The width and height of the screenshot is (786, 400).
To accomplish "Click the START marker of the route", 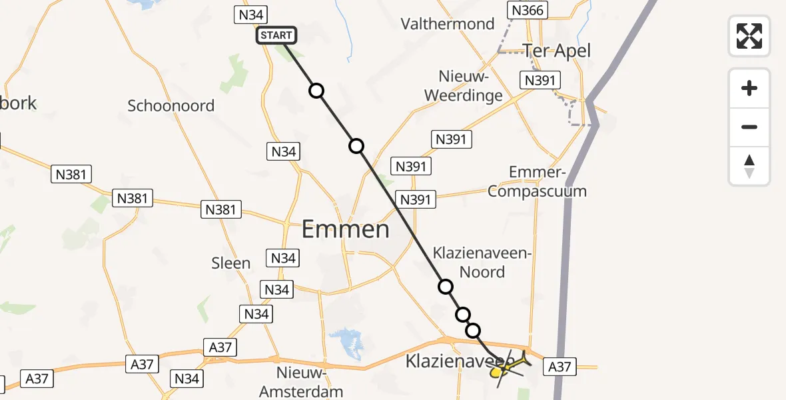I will tap(276, 35).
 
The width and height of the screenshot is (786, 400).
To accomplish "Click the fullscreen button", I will tap(749, 36).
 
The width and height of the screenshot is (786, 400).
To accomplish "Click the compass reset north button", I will tap(749, 166).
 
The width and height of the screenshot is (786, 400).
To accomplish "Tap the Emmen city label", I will tap(345, 229).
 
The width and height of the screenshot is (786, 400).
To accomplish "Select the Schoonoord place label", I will tap(171, 105).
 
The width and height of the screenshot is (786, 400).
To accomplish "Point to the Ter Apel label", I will tap(557, 51).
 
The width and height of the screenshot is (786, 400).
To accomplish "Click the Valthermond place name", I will tap(448, 24).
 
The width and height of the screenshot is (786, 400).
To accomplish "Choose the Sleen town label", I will tap(230, 263).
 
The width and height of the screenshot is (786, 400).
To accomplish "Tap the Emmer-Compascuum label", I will tap(537, 182).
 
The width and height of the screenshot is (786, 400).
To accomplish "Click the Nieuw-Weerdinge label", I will tap(472, 85).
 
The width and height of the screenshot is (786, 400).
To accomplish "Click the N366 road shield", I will tap(527, 10).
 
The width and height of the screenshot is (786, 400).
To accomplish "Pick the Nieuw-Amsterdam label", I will tap(301, 382).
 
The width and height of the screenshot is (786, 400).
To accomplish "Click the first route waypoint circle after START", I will tap(316, 91).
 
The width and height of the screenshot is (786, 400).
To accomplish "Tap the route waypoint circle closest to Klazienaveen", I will tap(473, 330).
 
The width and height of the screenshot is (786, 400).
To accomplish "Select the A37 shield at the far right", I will tap(560, 366).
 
